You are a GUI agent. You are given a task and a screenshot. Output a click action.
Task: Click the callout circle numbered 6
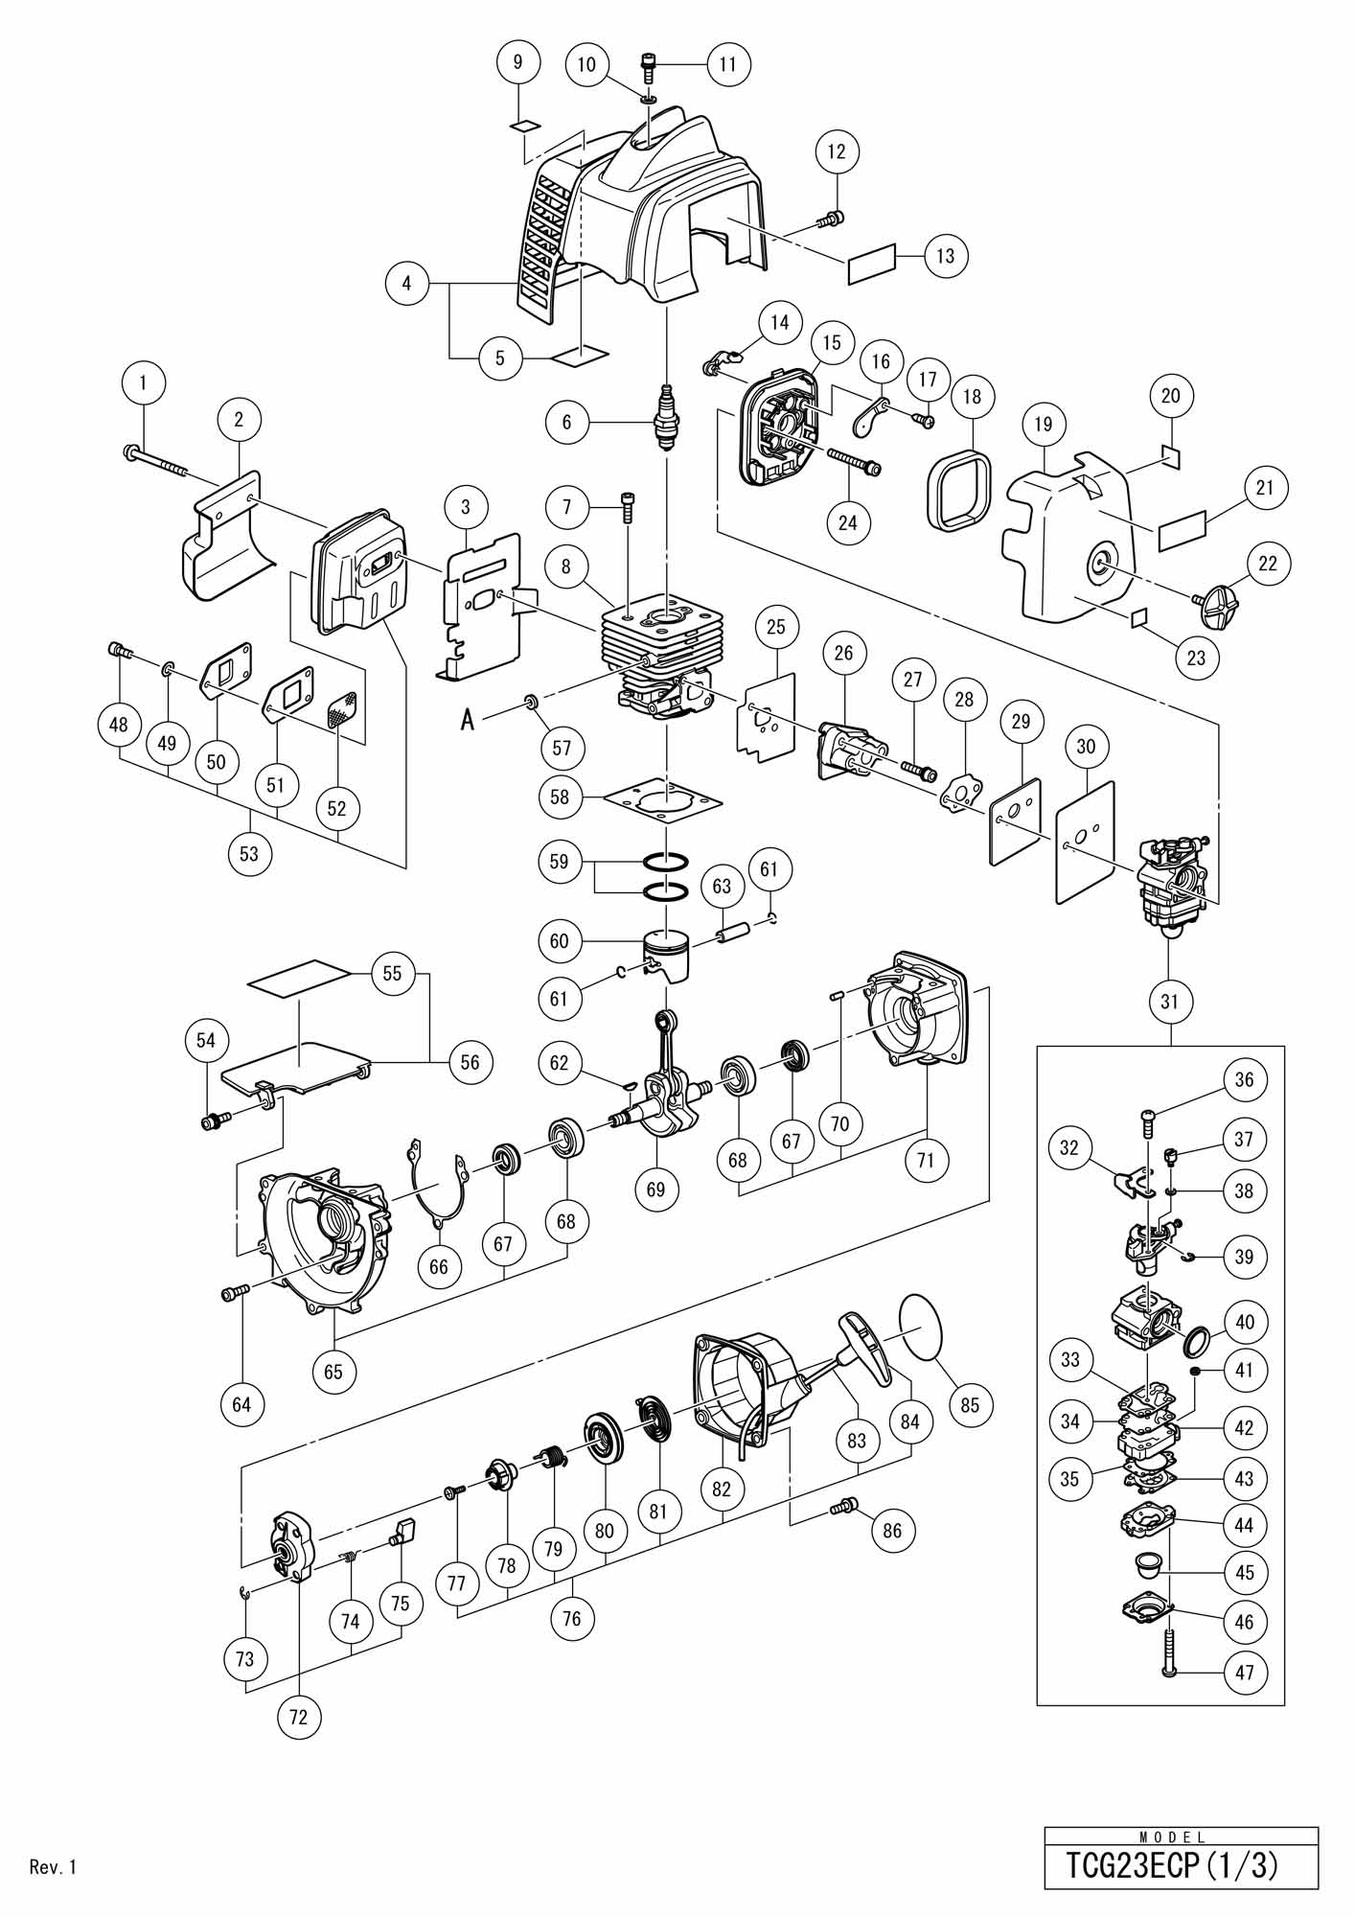(567, 422)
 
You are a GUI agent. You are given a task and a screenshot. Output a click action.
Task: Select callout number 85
(970, 1404)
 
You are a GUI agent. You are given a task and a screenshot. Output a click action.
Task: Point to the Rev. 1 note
(53, 1866)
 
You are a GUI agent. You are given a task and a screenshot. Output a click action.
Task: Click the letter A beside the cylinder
(468, 719)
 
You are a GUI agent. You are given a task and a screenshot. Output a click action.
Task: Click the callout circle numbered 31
(1170, 1002)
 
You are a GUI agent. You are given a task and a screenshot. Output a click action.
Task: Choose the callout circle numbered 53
(249, 853)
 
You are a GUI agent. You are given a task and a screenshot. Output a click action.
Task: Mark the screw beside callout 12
(830, 219)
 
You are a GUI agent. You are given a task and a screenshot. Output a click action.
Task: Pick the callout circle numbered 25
(776, 626)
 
